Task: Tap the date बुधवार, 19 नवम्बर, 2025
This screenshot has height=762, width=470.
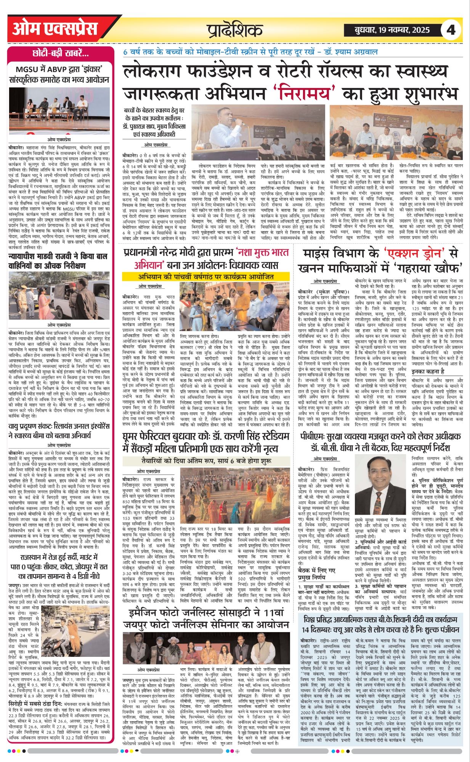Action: point(387,30)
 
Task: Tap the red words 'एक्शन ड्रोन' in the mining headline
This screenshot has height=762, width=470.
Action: point(415,253)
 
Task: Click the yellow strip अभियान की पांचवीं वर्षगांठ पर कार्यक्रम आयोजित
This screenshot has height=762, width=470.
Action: point(206,277)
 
